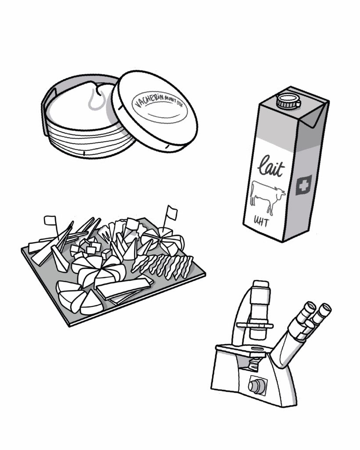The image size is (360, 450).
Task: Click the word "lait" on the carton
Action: coord(271,166)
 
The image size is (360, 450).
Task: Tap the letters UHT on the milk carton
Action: coord(260,221)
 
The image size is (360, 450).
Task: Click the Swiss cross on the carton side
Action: coord(304,185)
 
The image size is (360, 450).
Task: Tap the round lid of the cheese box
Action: coord(155,110)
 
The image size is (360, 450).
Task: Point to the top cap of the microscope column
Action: coord(261,285)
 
